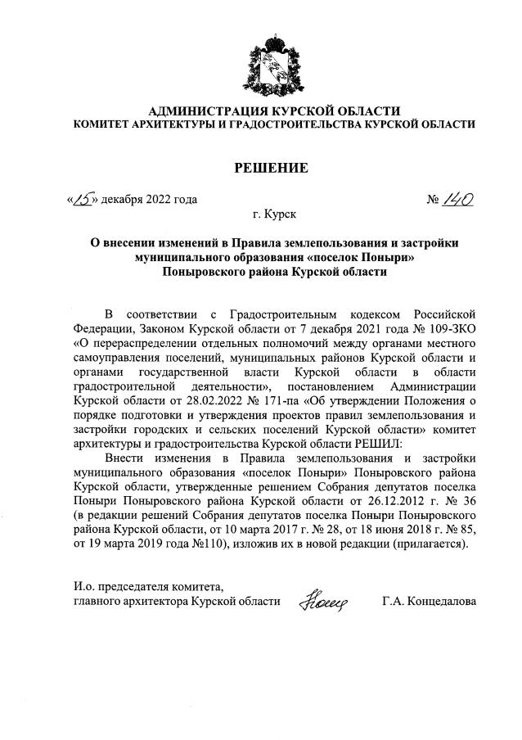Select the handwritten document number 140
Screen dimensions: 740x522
[x=461, y=198]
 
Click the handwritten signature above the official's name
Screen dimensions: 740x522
[x=325, y=602]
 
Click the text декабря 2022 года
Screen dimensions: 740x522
[x=150, y=199]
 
